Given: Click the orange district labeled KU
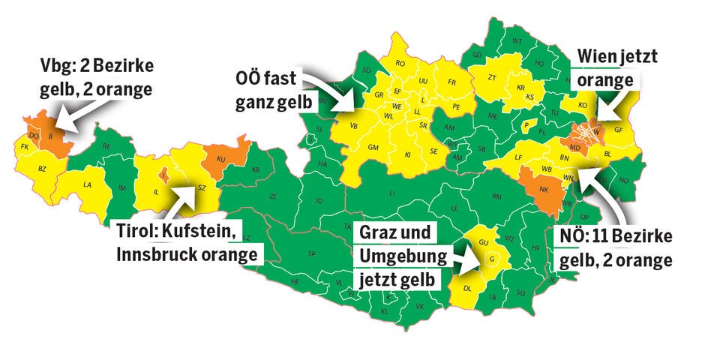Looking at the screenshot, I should (222, 160).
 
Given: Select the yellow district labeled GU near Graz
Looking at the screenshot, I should (484, 243).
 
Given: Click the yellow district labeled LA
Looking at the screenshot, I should (88, 184).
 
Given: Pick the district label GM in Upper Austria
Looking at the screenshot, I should (373, 147).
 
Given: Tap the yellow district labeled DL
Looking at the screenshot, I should (466, 288).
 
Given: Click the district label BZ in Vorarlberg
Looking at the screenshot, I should (42, 169).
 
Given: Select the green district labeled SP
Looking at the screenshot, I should (311, 253).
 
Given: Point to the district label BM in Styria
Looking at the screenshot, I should (496, 196).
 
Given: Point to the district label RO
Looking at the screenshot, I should (400, 64).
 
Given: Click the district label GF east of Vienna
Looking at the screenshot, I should (619, 129).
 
